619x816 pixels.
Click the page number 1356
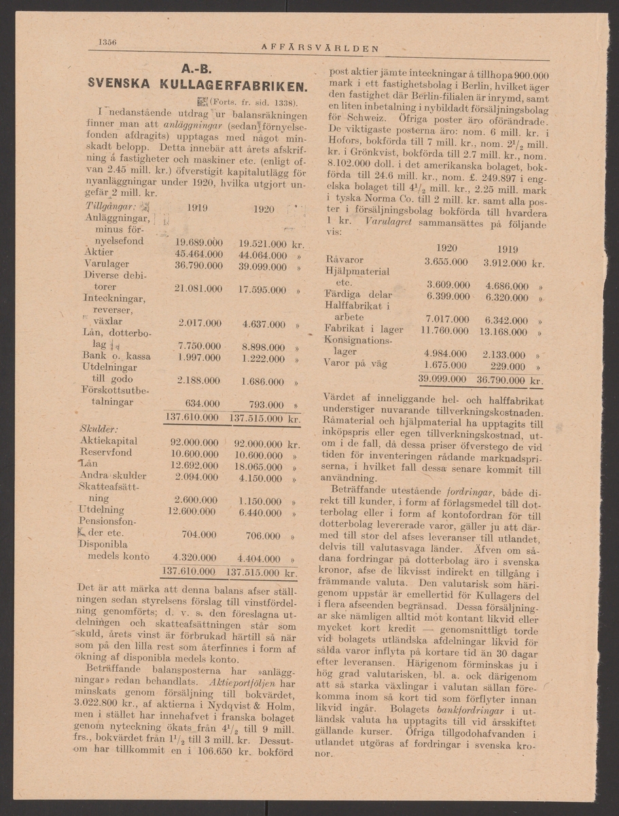click(107, 41)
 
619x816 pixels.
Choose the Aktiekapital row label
click(112, 441)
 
